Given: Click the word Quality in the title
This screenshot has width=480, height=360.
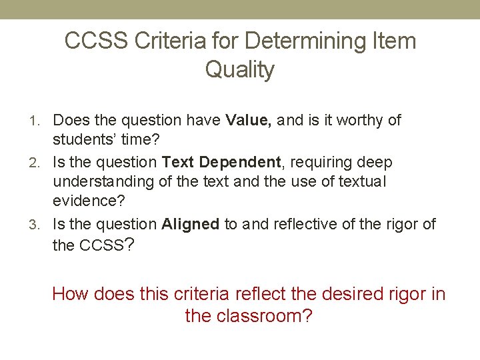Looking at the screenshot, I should (239, 69).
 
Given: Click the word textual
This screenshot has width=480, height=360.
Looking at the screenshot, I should (361, 181).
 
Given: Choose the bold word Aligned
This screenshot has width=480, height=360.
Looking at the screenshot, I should (191, 224).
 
